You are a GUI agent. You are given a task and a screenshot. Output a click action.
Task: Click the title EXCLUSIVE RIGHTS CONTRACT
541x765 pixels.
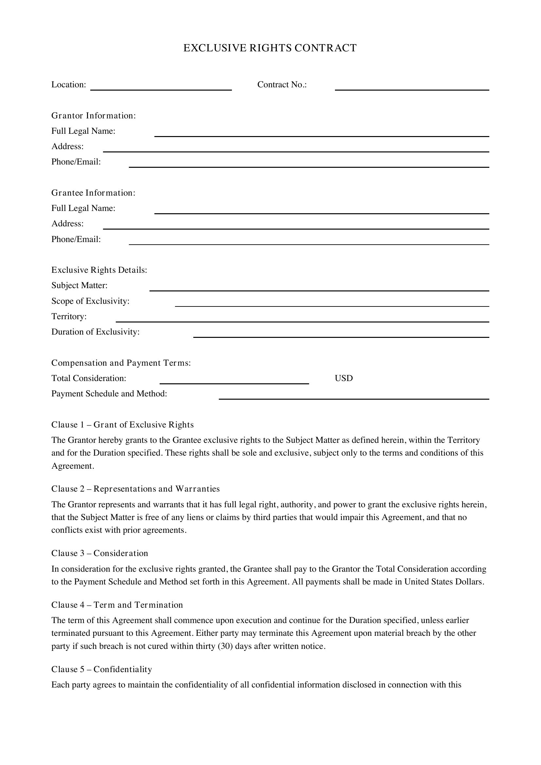pos(270,48)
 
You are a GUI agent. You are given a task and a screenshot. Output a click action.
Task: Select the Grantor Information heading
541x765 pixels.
pos(94,115)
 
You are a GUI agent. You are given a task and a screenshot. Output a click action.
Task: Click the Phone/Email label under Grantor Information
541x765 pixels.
pos(76,162)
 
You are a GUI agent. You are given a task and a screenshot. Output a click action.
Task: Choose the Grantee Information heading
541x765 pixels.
pos(93,193)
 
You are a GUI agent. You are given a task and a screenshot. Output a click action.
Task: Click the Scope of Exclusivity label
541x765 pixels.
pos(90,301)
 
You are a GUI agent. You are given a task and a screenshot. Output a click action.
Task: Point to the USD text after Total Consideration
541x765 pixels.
pos(344,378)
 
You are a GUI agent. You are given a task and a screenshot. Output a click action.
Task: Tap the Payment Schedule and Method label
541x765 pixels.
pos(109,394)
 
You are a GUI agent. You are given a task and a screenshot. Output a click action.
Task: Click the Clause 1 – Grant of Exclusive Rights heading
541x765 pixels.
pos(122,425)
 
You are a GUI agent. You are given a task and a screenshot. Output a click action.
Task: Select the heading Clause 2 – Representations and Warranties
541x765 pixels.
pos(135,489)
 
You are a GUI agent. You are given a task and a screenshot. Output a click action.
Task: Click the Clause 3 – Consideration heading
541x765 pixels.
pos(100,553)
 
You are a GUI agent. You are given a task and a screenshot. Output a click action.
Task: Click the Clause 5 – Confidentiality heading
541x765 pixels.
pos(102,669)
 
